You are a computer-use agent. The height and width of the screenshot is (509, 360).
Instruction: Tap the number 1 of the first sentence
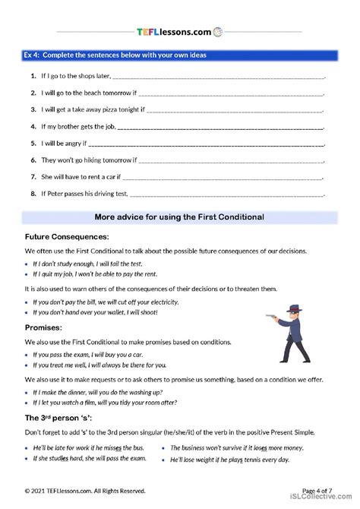(34, 77)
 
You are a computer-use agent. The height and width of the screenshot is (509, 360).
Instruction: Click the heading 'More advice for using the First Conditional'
(179, 217)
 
